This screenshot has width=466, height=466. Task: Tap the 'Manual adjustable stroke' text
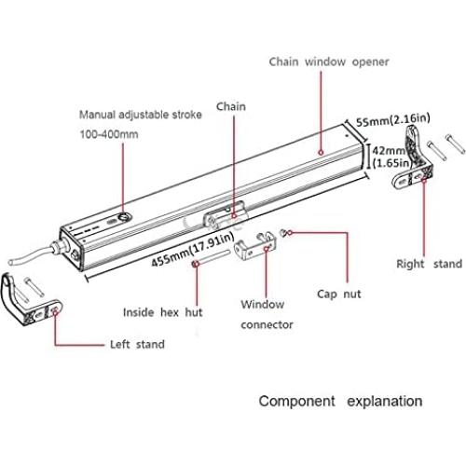[x=139, y=116]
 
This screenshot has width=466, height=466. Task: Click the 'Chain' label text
[x=232, y=106]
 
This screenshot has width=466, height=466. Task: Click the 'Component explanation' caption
[x=339, y=402]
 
